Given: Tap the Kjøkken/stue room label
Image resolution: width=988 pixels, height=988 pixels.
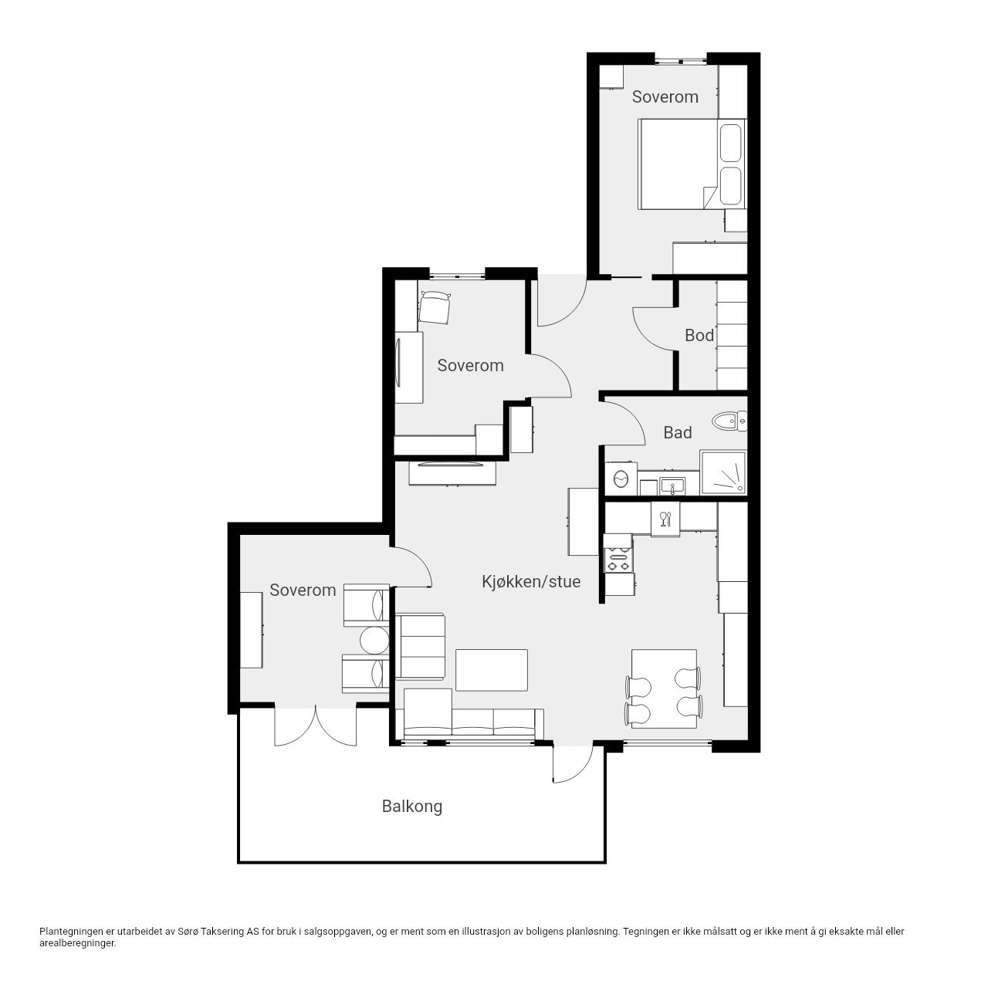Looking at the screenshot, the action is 531,582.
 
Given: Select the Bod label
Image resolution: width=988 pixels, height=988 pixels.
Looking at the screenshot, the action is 699,335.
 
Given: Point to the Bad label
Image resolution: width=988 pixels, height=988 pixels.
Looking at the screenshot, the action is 677,433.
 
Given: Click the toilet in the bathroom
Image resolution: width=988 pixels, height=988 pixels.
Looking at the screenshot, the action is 729,421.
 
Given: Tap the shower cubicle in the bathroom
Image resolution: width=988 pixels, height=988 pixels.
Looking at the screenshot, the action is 723,473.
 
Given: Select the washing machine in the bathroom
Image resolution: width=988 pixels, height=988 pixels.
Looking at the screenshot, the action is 621,479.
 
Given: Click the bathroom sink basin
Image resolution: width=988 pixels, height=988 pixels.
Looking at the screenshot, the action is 672,486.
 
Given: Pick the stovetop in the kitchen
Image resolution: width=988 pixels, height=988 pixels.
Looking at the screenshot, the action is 619,560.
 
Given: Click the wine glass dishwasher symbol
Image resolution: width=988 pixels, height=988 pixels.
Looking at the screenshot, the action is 665,519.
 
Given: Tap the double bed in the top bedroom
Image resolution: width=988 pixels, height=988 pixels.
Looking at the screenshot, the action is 692,164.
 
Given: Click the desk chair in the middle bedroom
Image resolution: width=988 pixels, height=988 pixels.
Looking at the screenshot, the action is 435,307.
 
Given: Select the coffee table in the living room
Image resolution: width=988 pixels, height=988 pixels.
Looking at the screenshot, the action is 491,670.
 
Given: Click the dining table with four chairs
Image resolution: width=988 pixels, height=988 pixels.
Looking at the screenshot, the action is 664,688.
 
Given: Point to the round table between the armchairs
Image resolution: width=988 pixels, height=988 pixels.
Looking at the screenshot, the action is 375,640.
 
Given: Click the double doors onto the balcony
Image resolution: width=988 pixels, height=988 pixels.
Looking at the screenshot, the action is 316,726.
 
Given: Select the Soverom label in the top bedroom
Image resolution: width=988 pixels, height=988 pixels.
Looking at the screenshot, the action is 665,97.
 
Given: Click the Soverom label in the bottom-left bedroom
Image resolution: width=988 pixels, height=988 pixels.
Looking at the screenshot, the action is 303,590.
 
